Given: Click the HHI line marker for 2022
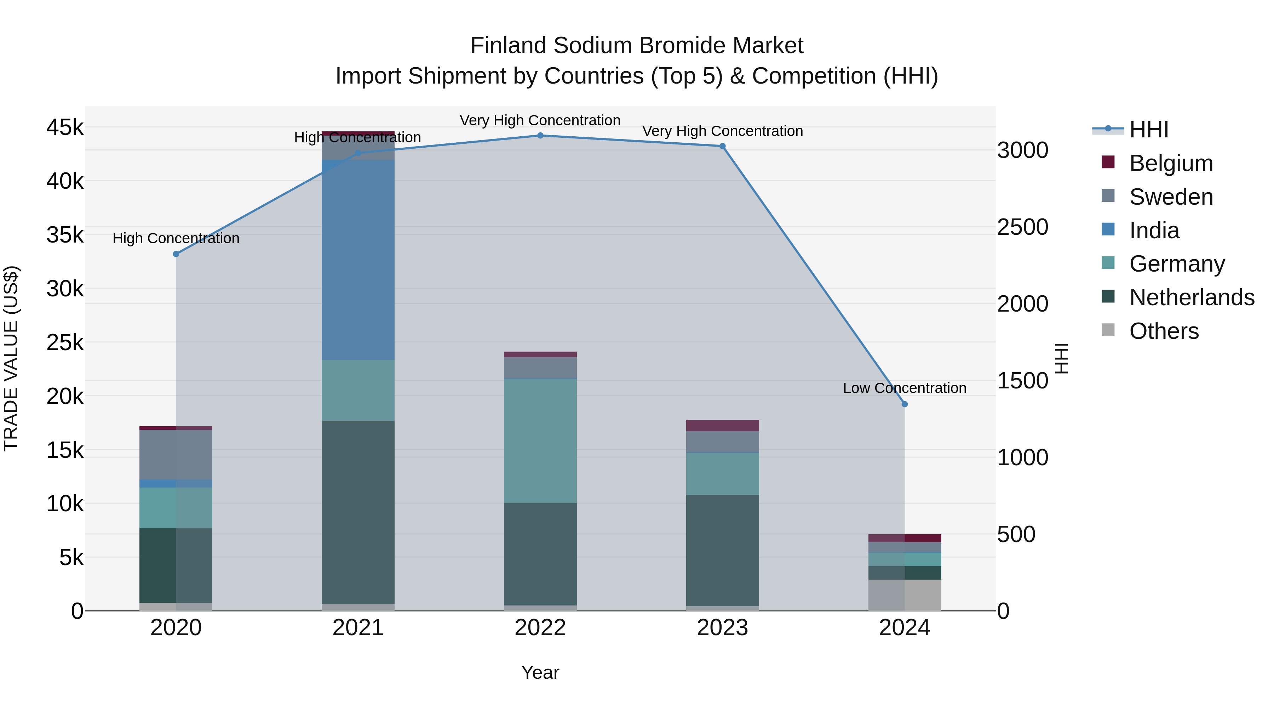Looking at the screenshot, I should [x=540, y=136].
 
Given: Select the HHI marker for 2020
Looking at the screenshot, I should [x=176, y=254].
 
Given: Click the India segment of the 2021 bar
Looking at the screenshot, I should [x=358, y=260].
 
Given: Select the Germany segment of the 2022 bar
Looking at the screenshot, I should [x=540, y=441].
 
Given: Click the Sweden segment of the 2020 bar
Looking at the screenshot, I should [x=176, y=454].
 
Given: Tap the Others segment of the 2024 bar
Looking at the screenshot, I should [x=905, y=595].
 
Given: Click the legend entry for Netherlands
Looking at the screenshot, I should [x=1192, y=297].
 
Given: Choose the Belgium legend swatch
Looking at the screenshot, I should [x=1108, y=162].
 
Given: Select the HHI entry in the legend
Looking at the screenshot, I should [x=1149, y=130].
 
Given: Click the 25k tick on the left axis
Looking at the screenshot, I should [x=65, y=342].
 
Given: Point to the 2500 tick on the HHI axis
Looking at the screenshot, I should [x=1022, y=227].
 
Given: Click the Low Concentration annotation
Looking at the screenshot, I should [x=905, y=388].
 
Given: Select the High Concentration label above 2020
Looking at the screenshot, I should [x=176, y=239].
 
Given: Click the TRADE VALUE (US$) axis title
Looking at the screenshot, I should [x=11, y=358].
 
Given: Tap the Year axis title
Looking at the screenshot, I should [x=540, y=672].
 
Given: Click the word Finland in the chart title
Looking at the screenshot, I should [x=509, y=46].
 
